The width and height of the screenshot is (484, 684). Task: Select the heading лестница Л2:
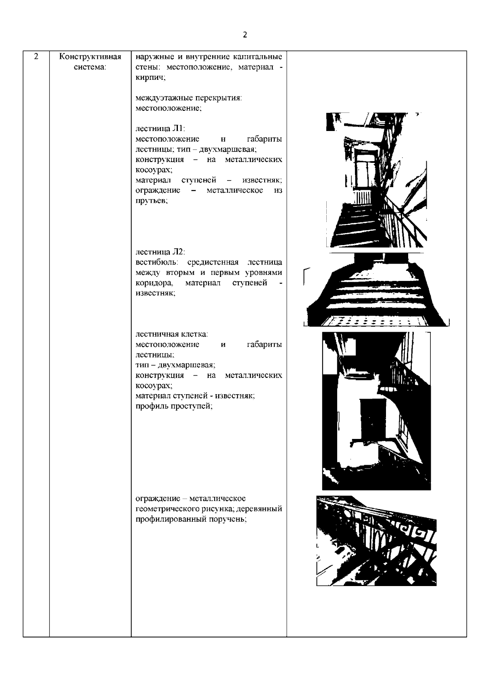click(160, 252)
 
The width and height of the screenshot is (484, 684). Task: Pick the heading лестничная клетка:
click(172, 334)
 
